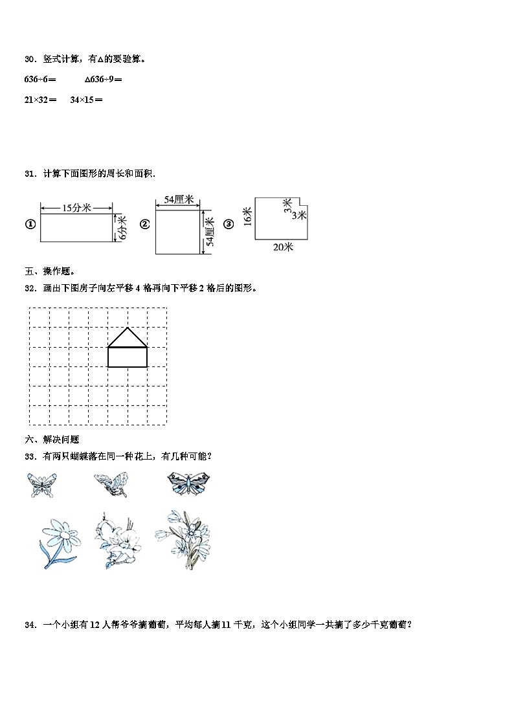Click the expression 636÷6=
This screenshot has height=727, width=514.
40,80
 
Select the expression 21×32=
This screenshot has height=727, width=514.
40,100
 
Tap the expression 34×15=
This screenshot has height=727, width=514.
86,100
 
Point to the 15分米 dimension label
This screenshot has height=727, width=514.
76,208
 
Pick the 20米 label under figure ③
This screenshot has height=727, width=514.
283,247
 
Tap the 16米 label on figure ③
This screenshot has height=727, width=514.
247,216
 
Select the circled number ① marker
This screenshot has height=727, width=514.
30,225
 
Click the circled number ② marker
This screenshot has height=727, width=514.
145,225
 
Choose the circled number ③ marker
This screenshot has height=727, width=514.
229,225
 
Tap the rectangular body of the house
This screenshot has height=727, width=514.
127,357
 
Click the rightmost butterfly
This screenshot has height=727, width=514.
189,483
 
